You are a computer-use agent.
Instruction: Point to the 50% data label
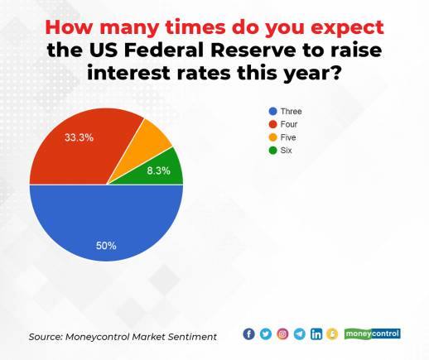point(106,245)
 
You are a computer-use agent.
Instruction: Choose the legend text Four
point(287,124)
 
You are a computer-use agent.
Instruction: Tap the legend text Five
point(287,137)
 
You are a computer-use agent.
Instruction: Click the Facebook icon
point(248,334)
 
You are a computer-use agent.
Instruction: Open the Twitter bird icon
point(265,334)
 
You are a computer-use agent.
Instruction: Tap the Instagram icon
point(282,334)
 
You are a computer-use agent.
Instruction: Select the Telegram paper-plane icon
point(299,334)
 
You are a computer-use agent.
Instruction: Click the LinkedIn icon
point(316,334)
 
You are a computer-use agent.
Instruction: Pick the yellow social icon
point(331,334)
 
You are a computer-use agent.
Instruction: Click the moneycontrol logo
point(372,334)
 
